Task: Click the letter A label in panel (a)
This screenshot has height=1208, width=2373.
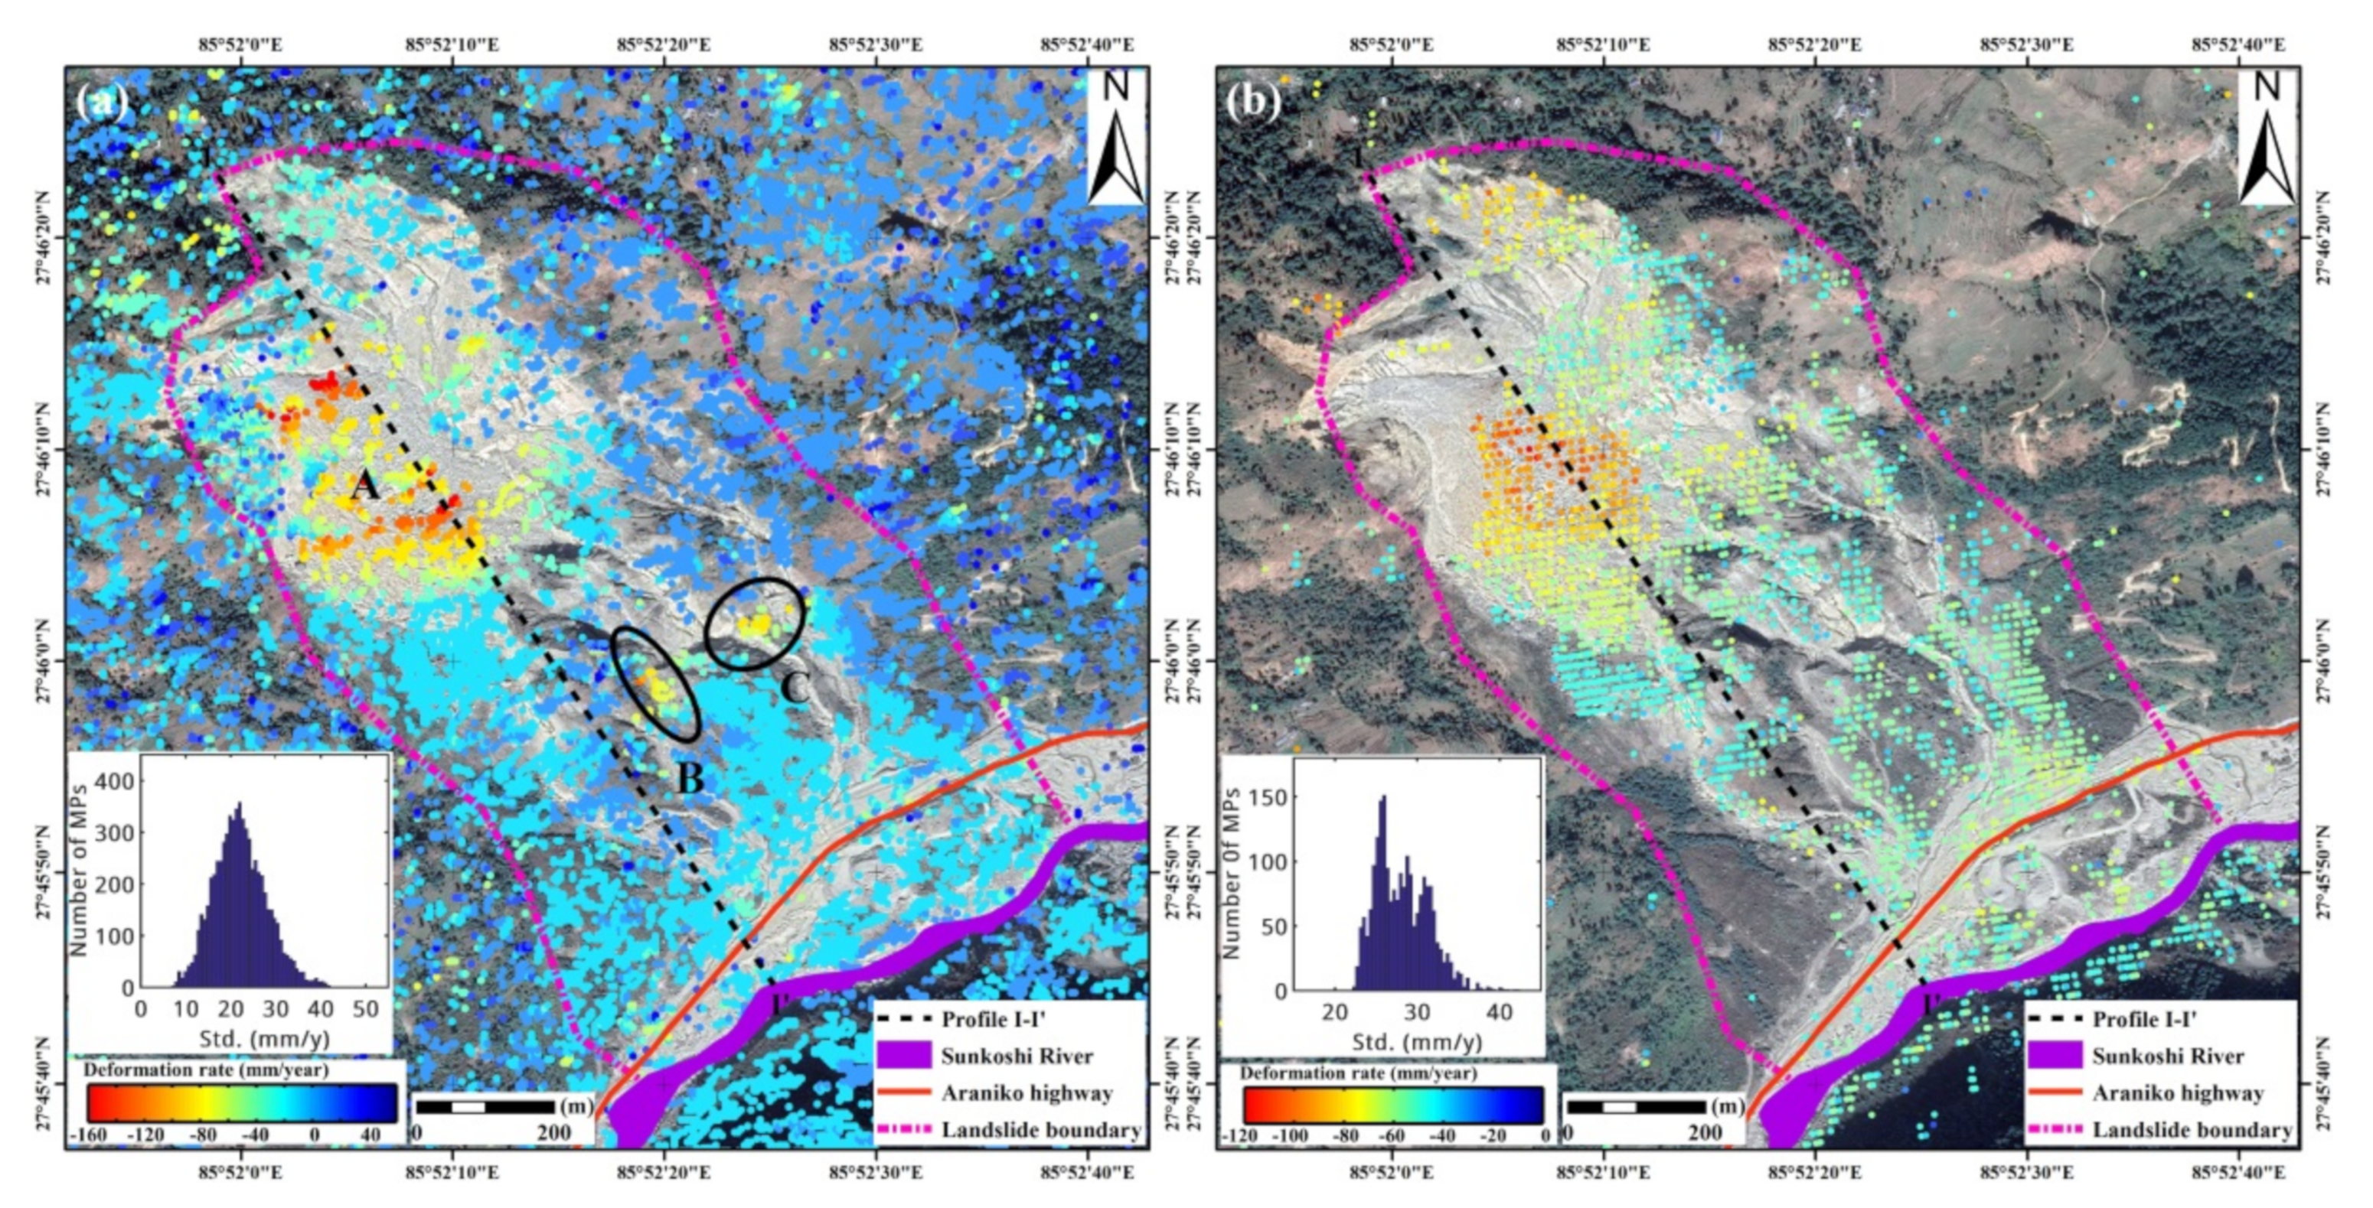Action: click(365, 485)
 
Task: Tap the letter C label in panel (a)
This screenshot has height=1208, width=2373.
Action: click(795, 687)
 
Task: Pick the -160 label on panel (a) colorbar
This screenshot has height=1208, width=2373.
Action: click(89, 1135)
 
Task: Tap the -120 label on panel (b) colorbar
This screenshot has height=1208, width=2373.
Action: click(1239, 1135)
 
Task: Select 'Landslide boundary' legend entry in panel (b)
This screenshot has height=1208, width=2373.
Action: click(2192, 1130)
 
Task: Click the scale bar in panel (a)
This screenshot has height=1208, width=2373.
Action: click(484, 1105)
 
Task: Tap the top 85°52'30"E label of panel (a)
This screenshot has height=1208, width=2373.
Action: click(876, 44)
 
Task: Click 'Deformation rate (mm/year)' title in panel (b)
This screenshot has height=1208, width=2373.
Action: click(1358, 1073)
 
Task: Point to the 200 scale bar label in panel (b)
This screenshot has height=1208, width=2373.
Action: click(1704, 1132)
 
